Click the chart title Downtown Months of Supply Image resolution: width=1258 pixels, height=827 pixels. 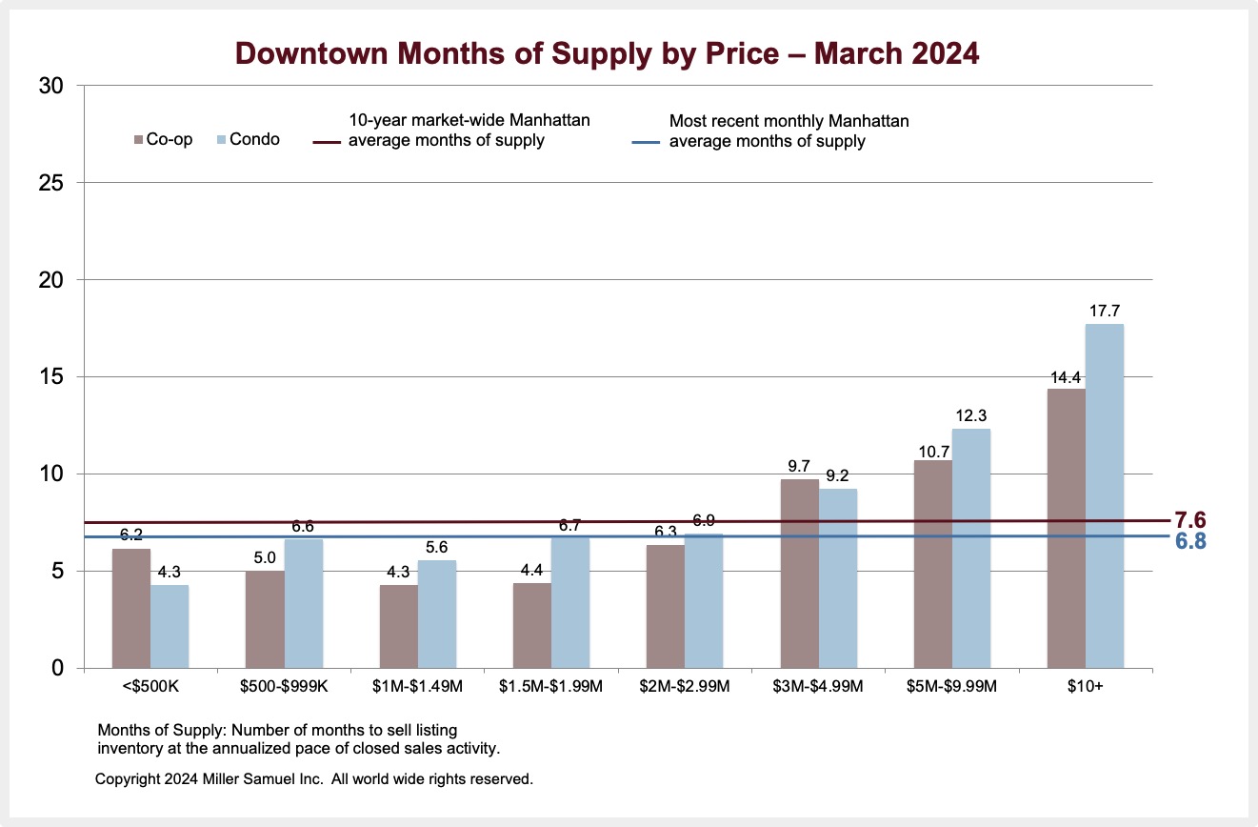pos(607,53)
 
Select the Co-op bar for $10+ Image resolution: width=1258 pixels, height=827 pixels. pos(1066,528)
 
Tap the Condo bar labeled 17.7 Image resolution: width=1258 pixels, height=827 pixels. pos(1105,495)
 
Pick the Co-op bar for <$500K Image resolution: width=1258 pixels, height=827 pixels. pos(131,608)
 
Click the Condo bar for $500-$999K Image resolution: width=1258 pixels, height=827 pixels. pos(304,603)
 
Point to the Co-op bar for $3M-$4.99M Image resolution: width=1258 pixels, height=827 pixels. pos(799,573)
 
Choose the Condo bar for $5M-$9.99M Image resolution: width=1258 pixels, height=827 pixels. pos(971,548)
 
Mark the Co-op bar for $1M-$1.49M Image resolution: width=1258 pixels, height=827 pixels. pos(398,626)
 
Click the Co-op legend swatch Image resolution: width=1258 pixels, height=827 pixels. pos(138,140)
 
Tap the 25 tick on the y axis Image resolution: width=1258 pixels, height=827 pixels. pos(52,183)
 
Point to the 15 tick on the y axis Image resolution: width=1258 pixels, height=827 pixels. pos(52,377)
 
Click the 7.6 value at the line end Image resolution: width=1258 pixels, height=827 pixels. pos(1190,520)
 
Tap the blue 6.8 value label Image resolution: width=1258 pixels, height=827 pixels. pos(1190,540)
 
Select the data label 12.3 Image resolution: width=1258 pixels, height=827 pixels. pos(971,415)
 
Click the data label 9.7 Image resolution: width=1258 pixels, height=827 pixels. pos(799,467)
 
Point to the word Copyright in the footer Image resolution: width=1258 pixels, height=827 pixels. pos(129,779)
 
